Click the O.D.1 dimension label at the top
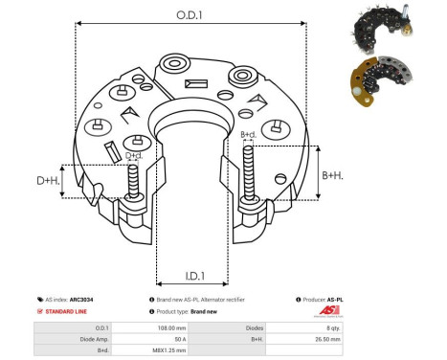point(187,14)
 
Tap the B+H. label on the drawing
point(332,175)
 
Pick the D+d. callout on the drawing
point(134,155)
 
